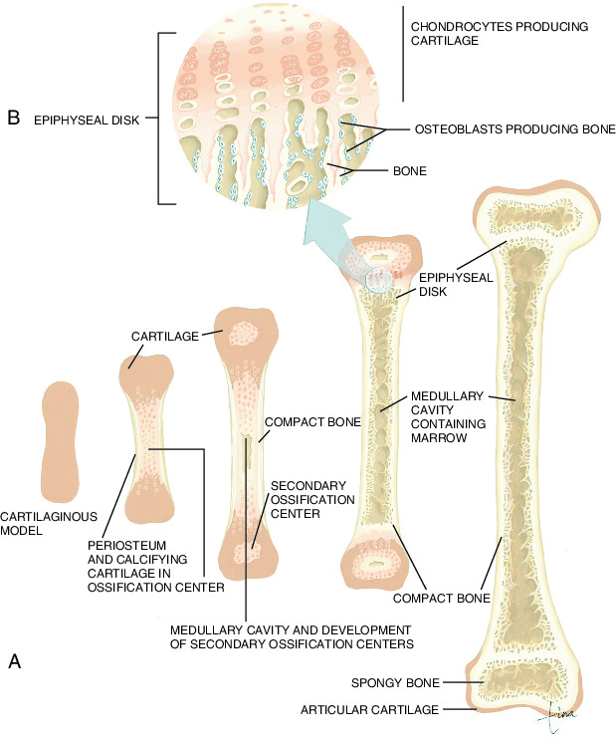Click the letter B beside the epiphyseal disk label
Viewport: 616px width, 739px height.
coord(14,118)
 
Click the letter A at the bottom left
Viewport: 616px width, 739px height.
coord(15,661)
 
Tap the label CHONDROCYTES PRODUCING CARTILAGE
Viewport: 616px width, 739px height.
coord(500,34)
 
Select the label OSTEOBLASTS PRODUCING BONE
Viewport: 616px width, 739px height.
coord(514,129)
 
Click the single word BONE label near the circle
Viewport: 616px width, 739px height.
coord(410,170)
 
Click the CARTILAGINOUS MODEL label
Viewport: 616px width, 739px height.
coord(49,524)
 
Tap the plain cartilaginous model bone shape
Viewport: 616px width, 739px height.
coord(60,441)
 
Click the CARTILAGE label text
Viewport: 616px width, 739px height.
coord(165,336)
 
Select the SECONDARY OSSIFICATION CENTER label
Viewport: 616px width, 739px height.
coord(312,500)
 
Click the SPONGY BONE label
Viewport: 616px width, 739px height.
coord(395,683)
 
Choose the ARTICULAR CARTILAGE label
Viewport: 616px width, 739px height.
coord(369,710)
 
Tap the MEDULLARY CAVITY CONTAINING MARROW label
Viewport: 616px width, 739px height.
coord(448,417)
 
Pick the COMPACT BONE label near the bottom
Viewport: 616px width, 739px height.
coord(441,599)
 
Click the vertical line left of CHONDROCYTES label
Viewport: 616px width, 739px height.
coord(403,54)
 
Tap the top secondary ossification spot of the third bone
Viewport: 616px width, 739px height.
coord(244,333)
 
